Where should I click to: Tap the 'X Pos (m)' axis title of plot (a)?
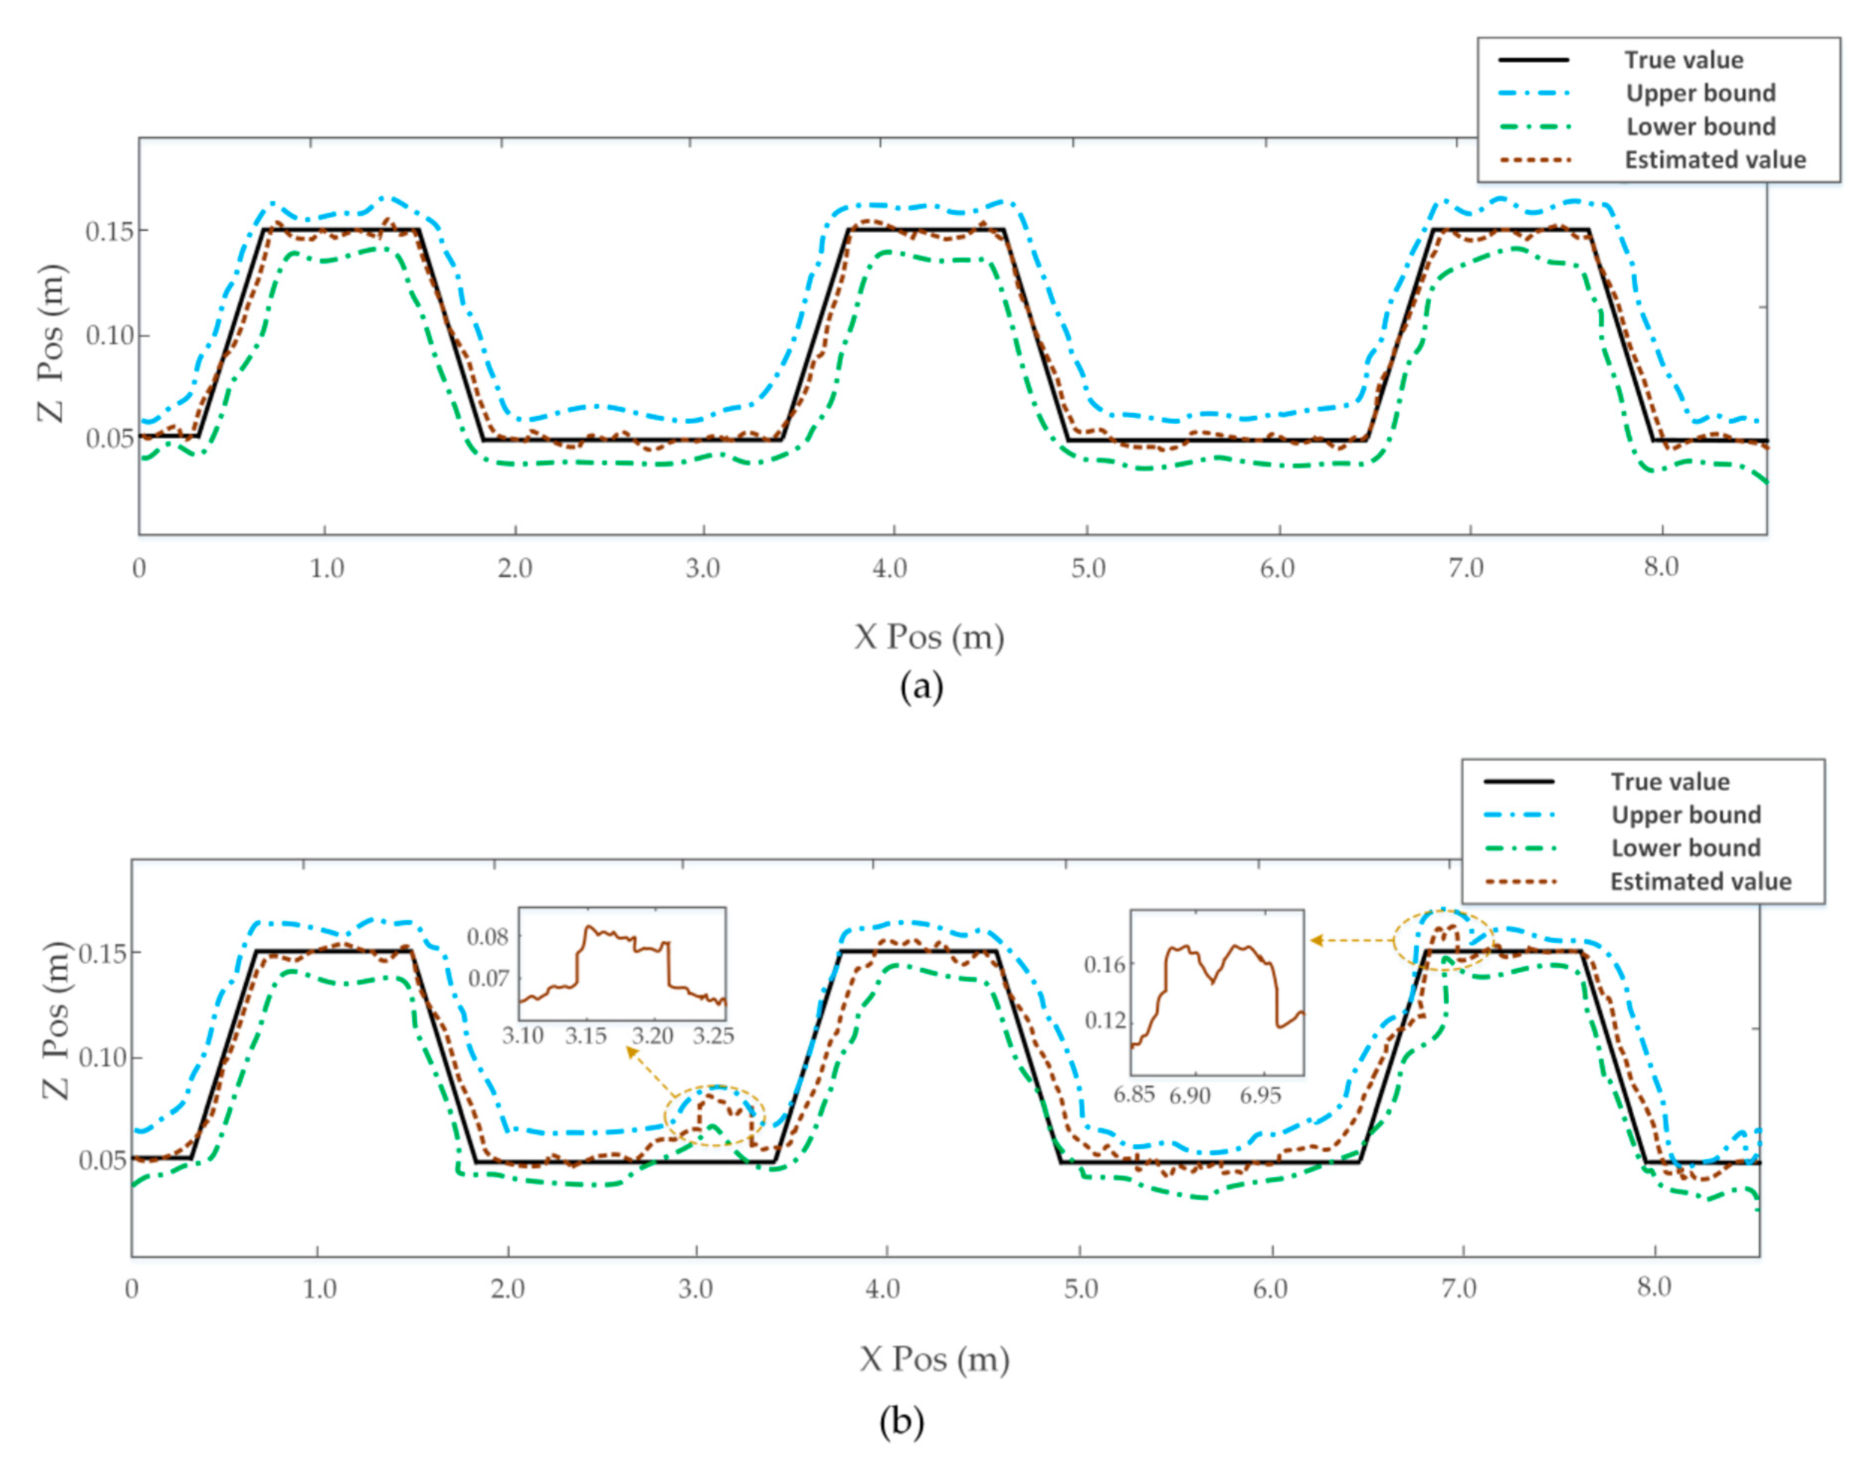(x=929, y=638)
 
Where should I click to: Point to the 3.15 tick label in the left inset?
(x=585, y=1035)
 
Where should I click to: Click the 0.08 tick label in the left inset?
(x=488, y=936)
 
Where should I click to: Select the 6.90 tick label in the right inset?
(x=1189, y=1095)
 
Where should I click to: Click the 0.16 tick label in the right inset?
(x=1105, y=963)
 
